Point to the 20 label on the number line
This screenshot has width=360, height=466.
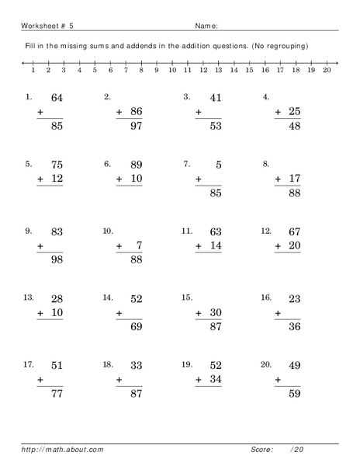pyautogui.click(x=327, y=70)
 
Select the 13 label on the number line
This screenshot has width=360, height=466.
pyautogui.click(x=218, y=70)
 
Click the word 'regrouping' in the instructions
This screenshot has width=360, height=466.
pyautogui.click(x=283, y=46)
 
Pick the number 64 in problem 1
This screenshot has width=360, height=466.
pyautogui.click(x=56, y=98)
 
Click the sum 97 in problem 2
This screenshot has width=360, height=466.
pyautogui.click(x=136, y=126)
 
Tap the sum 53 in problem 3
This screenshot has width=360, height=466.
pyautogui.click(x=215, y=126)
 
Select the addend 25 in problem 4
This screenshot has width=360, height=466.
pyautogui.click(x=293, y=112)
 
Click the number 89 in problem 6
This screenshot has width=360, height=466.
pyautogui.click(x=136, y=165)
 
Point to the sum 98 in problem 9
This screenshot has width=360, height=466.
pyautogui.click(x=56, y=259)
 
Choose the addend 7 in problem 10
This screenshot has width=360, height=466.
pyautogui.click(x=139, y=245)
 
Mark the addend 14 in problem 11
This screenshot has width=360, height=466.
pyautogui.click(x=215, y=245)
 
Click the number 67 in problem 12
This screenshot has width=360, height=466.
pyautogui.click(x=293, y=231)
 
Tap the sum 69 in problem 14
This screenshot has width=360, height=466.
pyautogui.click(x=136, y=326)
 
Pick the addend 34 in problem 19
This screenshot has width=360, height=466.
pyautogui.click(x=215, y=379)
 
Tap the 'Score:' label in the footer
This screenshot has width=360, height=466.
pyautogui.click(x=261, y=449)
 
